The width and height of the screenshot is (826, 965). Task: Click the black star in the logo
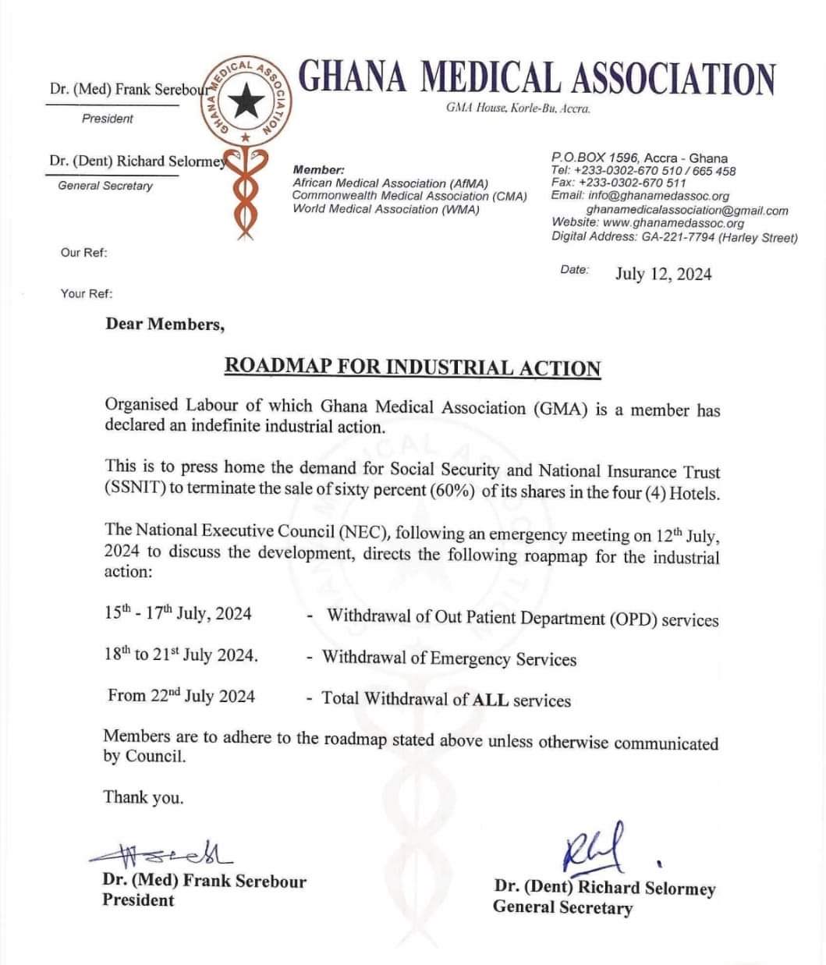pyautogui.click(x=249, y=98)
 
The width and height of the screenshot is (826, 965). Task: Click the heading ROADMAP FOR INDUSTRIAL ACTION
pyautogui.click(x=413, y=367)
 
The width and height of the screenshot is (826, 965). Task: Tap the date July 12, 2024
pyautogui.click(x=663, y=274)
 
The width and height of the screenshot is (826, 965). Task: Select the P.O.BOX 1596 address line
pyautogui.click(x=639, y=158)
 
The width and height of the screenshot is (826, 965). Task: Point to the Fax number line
pyautogui.click(x=619, y=183)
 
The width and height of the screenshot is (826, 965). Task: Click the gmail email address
pyautogui.click(x=686, y=210)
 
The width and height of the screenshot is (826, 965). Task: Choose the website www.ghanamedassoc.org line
pyautogui.click(x=647, y=223)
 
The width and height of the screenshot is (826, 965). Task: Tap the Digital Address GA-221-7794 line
pyautogui.click(x=674, y=237)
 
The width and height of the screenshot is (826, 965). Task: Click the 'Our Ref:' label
pyautogui.click(x=84, y=253)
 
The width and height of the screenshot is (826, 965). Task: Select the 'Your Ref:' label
pyautogui.click(x=87, y=294)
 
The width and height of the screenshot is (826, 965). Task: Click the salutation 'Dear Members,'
pyautogui.click(x=165, y=325)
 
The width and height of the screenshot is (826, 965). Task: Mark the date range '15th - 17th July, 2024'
pyautogui.click(x=178, y=613)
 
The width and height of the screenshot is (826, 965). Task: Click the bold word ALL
pyautogui.click(x=491, y=699)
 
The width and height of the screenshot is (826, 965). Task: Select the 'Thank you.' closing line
pyautogui.click(x=144, y=797)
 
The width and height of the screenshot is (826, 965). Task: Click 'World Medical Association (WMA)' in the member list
pyautogui.click(x=386, y=209)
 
